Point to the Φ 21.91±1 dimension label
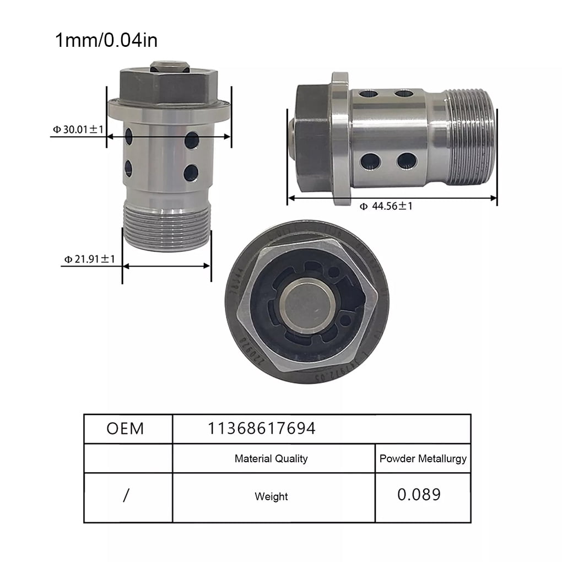coord(89,258)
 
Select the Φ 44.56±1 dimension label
coord(386,206)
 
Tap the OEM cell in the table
coord(125,428)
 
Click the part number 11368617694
coord(262,428)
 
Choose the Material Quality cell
coord(271,458)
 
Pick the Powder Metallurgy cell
coord(423,458)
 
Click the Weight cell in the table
coord(271,496)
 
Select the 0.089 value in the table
coord(419,494)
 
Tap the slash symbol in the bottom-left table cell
coord(126,496)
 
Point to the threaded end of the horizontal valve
coord(471,137)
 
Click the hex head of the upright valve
coord(169,86)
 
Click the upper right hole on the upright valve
coord(192,140)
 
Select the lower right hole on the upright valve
coord(191,173)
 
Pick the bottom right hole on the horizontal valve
coord(407,161)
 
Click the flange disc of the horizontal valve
coord(340,138)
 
